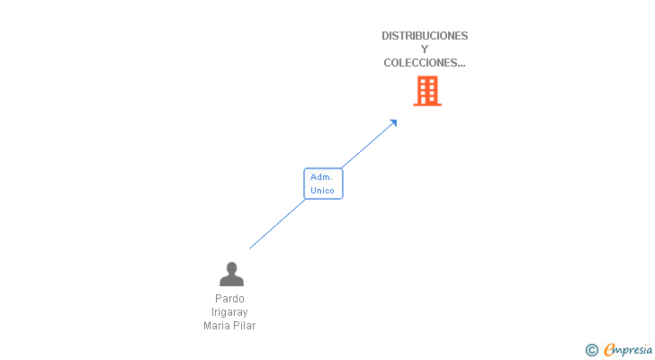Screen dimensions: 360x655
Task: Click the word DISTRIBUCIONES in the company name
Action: click(425, 36)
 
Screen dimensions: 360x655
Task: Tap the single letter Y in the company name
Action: click(425, 49)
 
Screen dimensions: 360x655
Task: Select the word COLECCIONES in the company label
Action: click(420, 63)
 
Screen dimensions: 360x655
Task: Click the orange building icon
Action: click(427, 90)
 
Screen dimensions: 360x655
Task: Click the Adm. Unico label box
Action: click(323, 184)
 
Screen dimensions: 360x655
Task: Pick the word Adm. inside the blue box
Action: click(322, 177)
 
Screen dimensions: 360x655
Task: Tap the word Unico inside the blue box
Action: click(322, 191)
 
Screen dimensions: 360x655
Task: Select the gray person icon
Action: click(231, 274)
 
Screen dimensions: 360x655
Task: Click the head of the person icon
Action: click(231, 267)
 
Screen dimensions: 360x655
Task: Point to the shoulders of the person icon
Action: click(231, 281)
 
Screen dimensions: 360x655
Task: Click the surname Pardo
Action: click(229, 299)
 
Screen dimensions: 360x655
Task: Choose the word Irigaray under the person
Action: click(229, 312)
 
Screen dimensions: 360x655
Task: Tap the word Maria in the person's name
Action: click(218, 326)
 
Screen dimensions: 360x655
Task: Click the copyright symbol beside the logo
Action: click(592, 350)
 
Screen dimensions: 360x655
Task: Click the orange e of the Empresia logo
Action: click(610, 350)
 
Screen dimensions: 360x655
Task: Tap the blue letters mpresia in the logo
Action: click(634, 350)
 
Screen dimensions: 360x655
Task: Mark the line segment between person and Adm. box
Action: click(277, 224)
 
